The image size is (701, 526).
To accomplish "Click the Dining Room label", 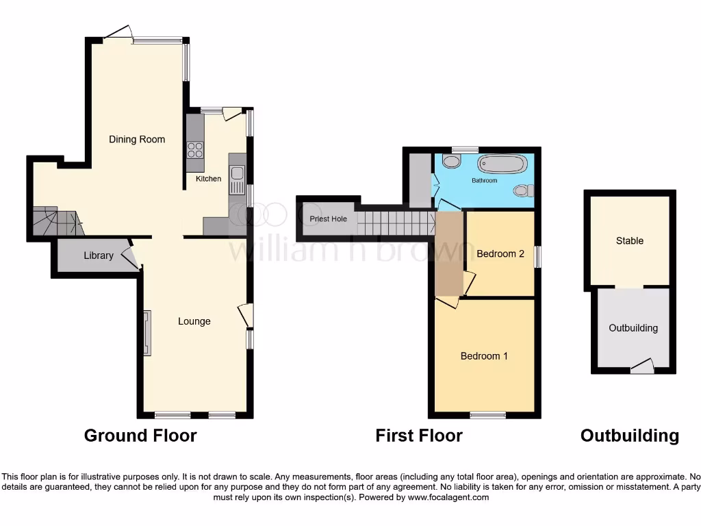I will click(137, 140).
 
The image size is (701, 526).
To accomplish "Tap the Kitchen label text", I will click(209, 179).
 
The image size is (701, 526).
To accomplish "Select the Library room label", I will click(99, 256).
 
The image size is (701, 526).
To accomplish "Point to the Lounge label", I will click(194, 321).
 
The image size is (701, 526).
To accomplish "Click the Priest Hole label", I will click(329, 219).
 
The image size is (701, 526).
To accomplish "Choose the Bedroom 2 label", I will click(500, 254).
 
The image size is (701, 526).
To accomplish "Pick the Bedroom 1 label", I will click(484, 356).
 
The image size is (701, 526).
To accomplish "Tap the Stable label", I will click(629, 241).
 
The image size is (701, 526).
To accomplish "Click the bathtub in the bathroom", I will click(502, 164).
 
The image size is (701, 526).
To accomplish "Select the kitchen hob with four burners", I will click(195, 149).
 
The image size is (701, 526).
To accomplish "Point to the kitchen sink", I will click(237, 179).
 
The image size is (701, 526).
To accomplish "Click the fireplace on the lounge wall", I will click(147, 333).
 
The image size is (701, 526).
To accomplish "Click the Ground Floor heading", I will click(140, 436).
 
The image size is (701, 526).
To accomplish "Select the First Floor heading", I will click(419, 436).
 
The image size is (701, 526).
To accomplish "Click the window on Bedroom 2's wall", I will click(537, 258).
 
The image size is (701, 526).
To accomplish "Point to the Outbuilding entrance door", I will click(641, 368).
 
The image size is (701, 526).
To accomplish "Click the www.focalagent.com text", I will click(448, 498).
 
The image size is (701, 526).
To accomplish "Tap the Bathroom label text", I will click(485, 181).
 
